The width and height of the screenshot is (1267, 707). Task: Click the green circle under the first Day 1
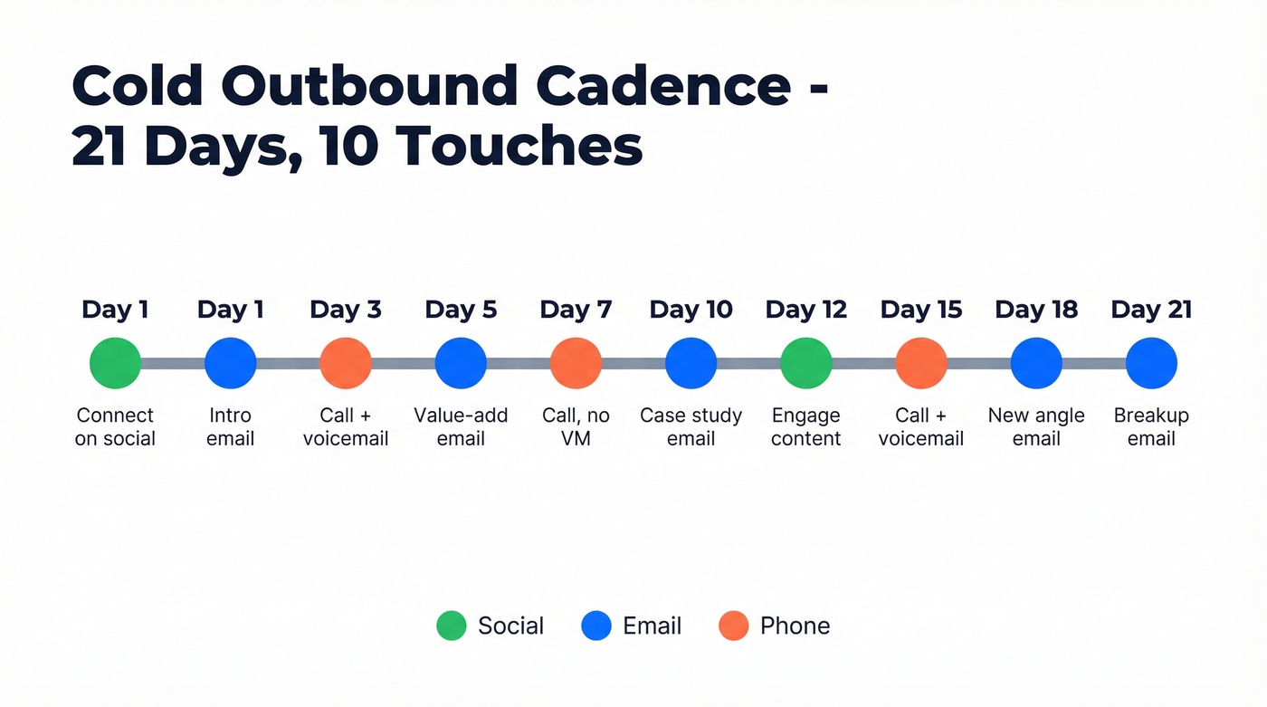click(x=115, y=363)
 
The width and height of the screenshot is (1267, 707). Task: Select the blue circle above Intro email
click(x=230, y=363)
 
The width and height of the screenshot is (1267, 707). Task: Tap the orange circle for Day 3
click(x=345, y=363)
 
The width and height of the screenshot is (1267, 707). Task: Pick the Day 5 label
click(x=461, y=310)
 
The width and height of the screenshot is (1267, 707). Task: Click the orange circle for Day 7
click(x=576, y=363)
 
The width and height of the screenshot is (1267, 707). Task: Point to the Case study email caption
click(x=691, y=427)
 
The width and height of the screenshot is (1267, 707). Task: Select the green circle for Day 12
click(x=805, y=363)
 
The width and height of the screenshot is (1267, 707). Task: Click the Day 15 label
click(x=920, y=310)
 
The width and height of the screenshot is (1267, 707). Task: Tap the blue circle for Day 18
click(x=1036, y=363)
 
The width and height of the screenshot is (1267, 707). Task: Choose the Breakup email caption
click(x=1151, y=427)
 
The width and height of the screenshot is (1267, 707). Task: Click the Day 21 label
click(x=1151, y=310)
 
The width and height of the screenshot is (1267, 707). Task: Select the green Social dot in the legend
click(x=451, y=626)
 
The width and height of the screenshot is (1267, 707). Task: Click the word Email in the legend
click(x=652, y=626)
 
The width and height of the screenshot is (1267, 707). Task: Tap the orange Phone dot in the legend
click(x=733, y=626)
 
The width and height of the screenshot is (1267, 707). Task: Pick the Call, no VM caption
click(x=576, y=427)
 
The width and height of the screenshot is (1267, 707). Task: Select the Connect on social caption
click(x=115, y=427)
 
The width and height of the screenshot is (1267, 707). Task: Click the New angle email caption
click(x=1036, y=427)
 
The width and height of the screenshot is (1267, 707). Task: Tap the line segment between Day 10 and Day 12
click(x=748, y=363)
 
